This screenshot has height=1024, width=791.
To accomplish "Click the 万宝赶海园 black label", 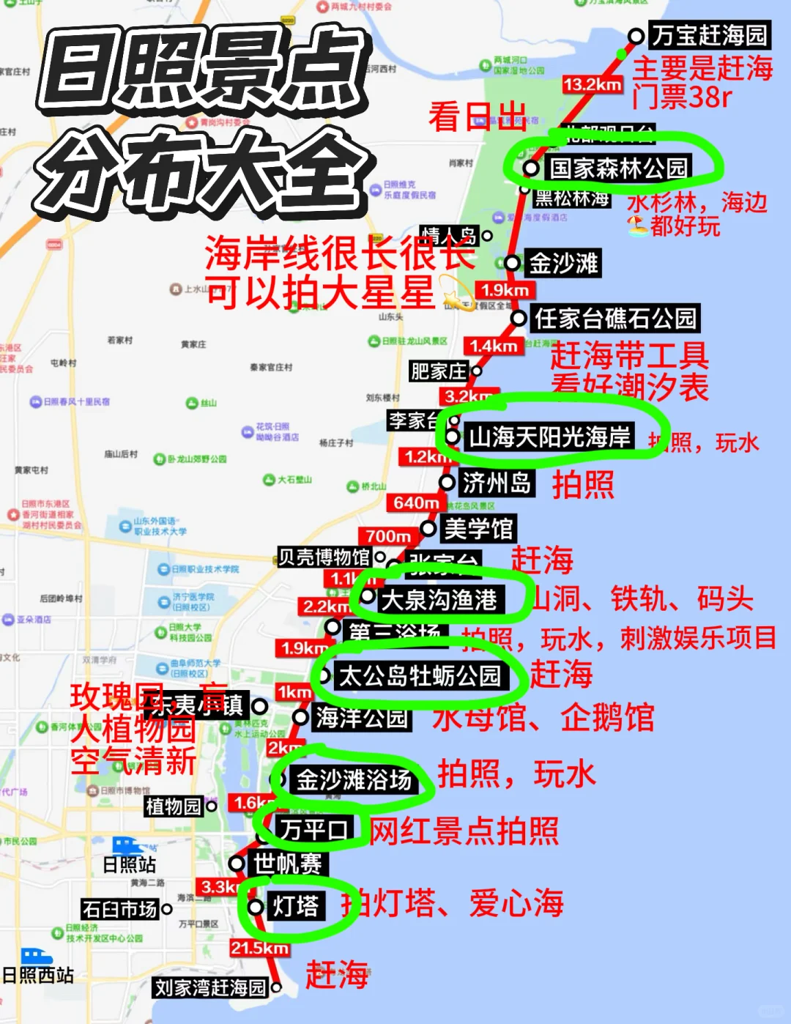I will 709,34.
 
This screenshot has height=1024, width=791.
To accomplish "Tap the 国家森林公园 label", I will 618,168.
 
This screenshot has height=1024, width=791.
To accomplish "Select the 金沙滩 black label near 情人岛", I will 563,263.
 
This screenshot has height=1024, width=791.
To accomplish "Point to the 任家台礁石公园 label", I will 615,319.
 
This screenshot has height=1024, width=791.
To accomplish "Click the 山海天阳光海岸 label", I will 549,437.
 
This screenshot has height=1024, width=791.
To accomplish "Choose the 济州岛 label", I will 497,483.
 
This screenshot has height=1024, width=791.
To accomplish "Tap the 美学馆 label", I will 478,528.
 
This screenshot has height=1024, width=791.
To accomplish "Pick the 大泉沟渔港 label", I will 439,600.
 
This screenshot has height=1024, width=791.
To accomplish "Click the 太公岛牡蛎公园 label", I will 420,675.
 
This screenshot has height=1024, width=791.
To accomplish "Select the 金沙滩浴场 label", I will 354,779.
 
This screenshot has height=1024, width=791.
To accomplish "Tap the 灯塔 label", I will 296,906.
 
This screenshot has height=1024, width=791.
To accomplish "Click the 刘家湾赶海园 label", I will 210,987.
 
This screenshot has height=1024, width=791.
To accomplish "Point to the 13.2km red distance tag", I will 593,85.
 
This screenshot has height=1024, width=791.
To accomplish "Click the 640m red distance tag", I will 415,502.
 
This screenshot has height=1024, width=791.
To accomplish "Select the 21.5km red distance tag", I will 259,948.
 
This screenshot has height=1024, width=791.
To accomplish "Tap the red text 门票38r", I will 681,97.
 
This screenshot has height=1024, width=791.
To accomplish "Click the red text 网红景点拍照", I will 464,831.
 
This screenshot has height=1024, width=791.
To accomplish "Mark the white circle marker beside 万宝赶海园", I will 636,36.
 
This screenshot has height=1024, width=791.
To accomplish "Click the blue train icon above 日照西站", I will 36,956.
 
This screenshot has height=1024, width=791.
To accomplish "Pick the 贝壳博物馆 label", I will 324,557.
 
